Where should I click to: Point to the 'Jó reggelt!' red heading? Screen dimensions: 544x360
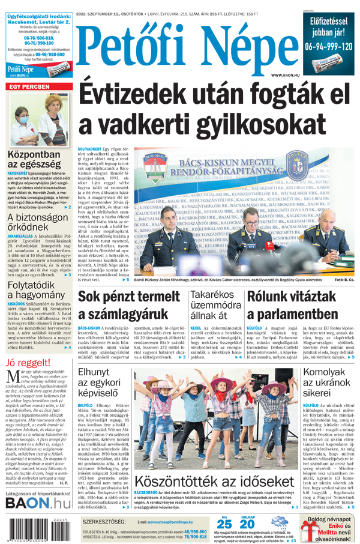pos(28,363)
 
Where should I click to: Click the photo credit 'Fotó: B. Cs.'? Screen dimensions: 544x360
pos(344,280)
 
